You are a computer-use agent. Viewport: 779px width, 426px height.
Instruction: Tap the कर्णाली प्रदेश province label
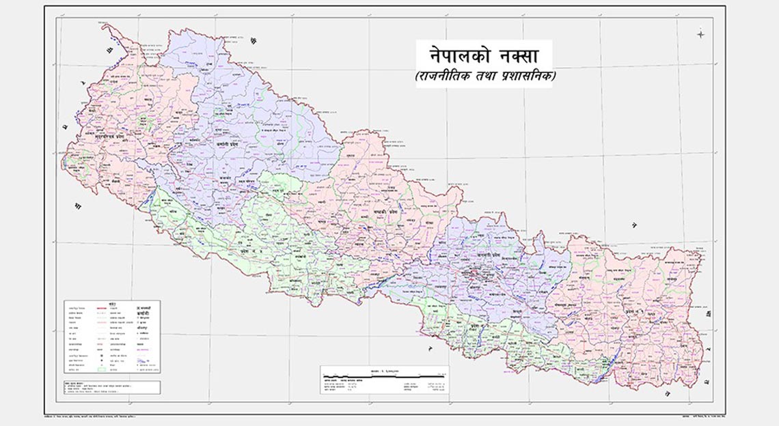[x=207, y=145]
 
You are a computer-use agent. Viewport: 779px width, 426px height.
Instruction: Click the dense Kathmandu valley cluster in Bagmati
[x=470, y=275]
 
